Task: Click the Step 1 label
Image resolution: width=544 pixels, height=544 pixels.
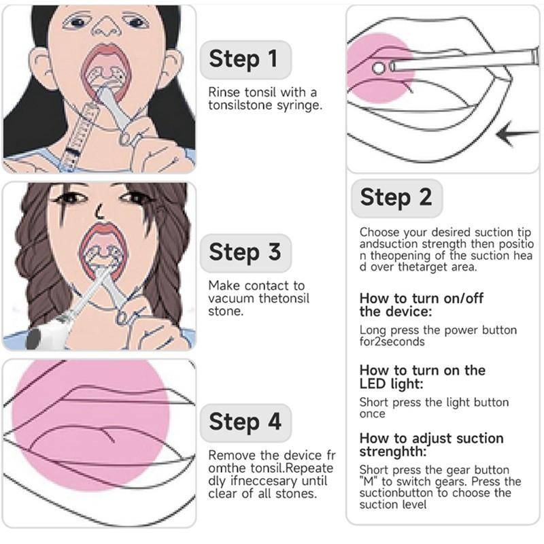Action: [245, 59]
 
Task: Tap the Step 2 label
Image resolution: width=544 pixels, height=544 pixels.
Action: [396, 198]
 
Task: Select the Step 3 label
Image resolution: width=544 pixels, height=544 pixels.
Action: [245, 252]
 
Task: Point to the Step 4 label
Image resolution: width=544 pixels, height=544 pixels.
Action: [245, 422]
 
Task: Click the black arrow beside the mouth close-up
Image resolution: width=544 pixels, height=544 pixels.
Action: [517, 133]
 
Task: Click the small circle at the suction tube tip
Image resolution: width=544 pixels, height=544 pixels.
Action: [379, 67]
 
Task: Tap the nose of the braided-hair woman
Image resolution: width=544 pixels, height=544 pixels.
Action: [100, 211]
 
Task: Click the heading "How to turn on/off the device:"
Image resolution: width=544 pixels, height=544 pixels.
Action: [421, 305]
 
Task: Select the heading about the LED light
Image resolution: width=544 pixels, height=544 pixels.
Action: [422, 377]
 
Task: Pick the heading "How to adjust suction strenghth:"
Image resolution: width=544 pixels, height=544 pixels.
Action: [431, 445]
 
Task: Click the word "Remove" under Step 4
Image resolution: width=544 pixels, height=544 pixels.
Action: [232, 455]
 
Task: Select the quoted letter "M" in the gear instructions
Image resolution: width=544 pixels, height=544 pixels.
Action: [369, 481]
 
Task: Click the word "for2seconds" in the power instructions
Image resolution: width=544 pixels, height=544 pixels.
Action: [392, 342]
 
